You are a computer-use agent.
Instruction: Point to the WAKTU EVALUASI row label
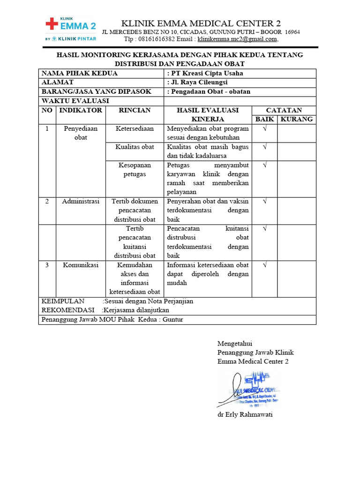75,101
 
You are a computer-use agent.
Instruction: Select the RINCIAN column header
135,110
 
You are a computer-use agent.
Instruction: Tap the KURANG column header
296,119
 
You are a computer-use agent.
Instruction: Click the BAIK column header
264,119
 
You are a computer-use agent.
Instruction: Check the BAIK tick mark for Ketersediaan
264,128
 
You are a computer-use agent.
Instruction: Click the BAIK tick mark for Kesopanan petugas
264,165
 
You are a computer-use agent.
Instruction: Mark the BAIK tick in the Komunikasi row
264,265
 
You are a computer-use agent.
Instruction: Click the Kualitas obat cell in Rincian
135,147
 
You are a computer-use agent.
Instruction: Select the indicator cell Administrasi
81,202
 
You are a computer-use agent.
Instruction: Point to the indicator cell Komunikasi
81,265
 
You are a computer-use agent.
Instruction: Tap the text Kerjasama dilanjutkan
136,310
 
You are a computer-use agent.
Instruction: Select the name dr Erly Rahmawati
245,415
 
